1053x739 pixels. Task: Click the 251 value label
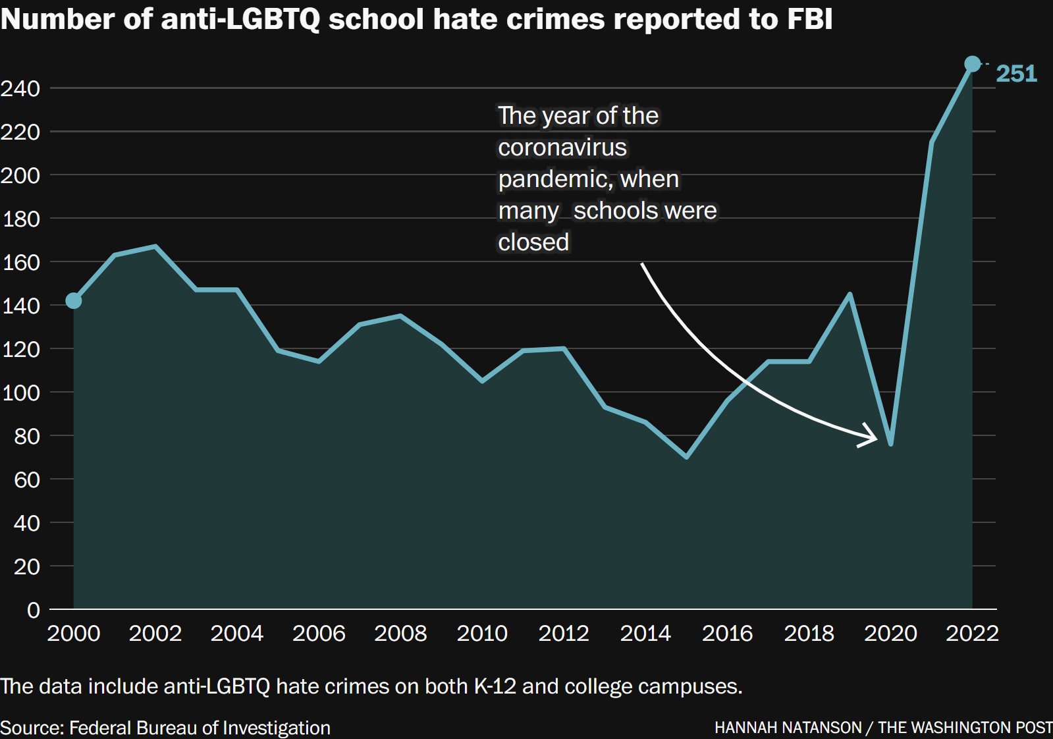tap(1016, 73)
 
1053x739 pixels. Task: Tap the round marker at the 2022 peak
tap(972, 64)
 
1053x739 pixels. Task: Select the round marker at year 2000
tap(74, 300)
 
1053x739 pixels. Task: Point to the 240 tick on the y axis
tap(21, 88)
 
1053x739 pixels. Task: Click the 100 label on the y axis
tap(21, 393)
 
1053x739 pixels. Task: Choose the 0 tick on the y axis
tap(33, 610)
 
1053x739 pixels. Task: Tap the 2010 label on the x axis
tap(482, 633)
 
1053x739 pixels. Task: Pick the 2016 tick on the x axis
tap(727, 633)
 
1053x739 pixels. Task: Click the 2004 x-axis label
tap(236, 633)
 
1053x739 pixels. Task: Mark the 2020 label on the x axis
tap(890, 633)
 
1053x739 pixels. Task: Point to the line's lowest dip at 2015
tap(686, 456)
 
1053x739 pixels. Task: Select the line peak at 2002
tap(155, 246)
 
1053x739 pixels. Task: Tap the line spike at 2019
tap(850, 294)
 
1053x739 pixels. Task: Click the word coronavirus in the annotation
tap(562, 148)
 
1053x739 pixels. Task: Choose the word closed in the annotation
tap(533, 242)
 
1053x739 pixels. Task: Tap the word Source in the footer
tap(31, 728)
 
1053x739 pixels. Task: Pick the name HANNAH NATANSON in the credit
tap(788, 728)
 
